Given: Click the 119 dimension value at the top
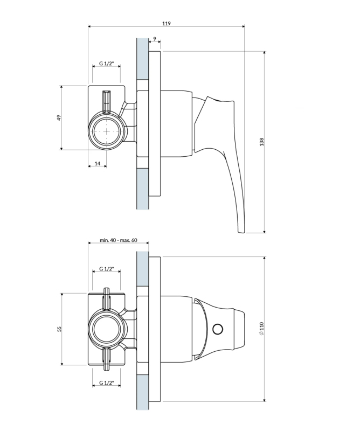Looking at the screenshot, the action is (166, 23).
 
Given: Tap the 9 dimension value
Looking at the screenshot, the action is (155, 39).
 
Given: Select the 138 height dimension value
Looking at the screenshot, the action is (261, 142).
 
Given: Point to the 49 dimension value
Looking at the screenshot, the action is (59, 117).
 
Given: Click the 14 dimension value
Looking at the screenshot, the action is (98, 164).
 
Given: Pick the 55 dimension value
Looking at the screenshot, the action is (59, 329).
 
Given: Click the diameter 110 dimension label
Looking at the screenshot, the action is (261, 329).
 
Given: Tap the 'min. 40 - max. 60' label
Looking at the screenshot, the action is (118, 240).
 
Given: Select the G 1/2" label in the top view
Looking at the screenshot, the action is (106, 64).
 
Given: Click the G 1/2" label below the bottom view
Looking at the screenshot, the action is (106, 383).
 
